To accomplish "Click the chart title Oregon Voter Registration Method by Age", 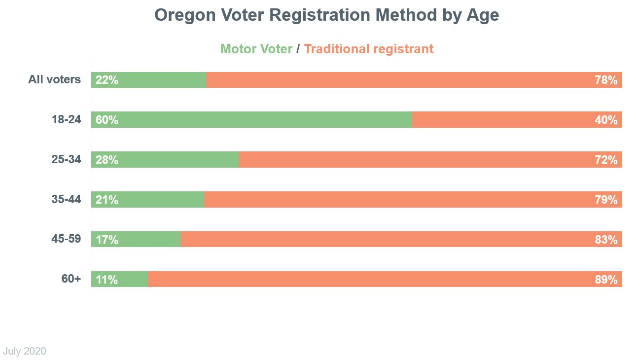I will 326,15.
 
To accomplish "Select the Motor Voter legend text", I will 256,49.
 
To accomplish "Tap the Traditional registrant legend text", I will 369,49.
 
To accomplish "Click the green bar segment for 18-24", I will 261,120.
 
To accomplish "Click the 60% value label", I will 107,120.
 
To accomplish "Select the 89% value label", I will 606,280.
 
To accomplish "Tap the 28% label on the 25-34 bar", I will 107,160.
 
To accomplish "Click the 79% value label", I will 606,200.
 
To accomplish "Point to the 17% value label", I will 107,240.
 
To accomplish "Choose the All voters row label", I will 54,79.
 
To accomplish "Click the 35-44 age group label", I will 66,199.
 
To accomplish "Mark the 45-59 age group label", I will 66,239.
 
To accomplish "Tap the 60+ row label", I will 71,279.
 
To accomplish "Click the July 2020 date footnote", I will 25,351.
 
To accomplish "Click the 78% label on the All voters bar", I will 606,80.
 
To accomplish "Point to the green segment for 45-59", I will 148,240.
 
